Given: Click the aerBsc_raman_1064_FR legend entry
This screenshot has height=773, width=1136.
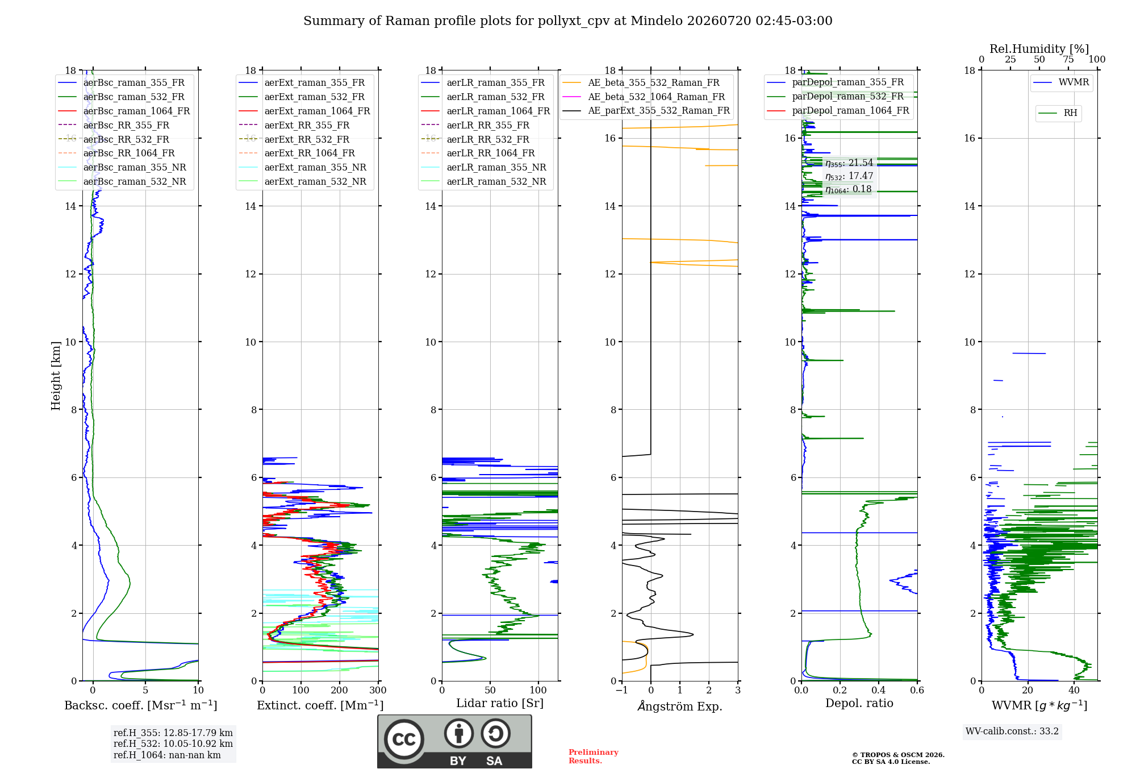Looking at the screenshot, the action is [x=124, y=111].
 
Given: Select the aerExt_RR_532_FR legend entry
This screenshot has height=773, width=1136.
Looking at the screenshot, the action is [x=294, y=139].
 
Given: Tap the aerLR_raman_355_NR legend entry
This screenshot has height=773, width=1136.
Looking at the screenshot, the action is [x=483, y=167].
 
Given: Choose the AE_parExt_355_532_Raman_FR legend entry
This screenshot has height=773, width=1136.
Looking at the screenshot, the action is [x=646, y=110].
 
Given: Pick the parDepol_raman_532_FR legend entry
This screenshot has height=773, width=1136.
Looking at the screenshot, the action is [x=836, y=96].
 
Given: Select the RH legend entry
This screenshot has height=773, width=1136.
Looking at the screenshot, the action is [x=1058, y=113].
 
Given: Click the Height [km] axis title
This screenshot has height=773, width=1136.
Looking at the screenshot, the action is [x=56, y=376].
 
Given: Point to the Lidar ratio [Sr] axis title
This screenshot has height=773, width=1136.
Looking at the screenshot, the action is [x=500, y=703].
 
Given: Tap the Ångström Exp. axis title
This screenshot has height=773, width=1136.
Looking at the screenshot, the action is [x=680, y=706].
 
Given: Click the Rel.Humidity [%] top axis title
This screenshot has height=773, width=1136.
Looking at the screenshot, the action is [x=1039, y=49].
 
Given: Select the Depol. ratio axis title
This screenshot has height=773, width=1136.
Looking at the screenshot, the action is [x=859, y=703].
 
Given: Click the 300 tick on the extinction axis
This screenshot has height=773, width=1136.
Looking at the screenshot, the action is [x=378, y=690].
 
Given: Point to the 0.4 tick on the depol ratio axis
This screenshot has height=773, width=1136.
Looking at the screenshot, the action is [x=879, y=690].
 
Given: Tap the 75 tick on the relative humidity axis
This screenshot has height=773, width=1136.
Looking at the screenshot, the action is [x=1068, y=59].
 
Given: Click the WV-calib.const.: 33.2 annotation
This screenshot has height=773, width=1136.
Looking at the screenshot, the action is [x=1012, y=731].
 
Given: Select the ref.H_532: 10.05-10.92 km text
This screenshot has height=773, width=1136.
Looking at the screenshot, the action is [x=173, y=743].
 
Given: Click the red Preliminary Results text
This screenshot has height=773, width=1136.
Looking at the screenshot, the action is [x=594, y=757].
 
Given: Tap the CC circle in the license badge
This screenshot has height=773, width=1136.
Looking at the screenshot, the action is [x=404, y=739].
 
